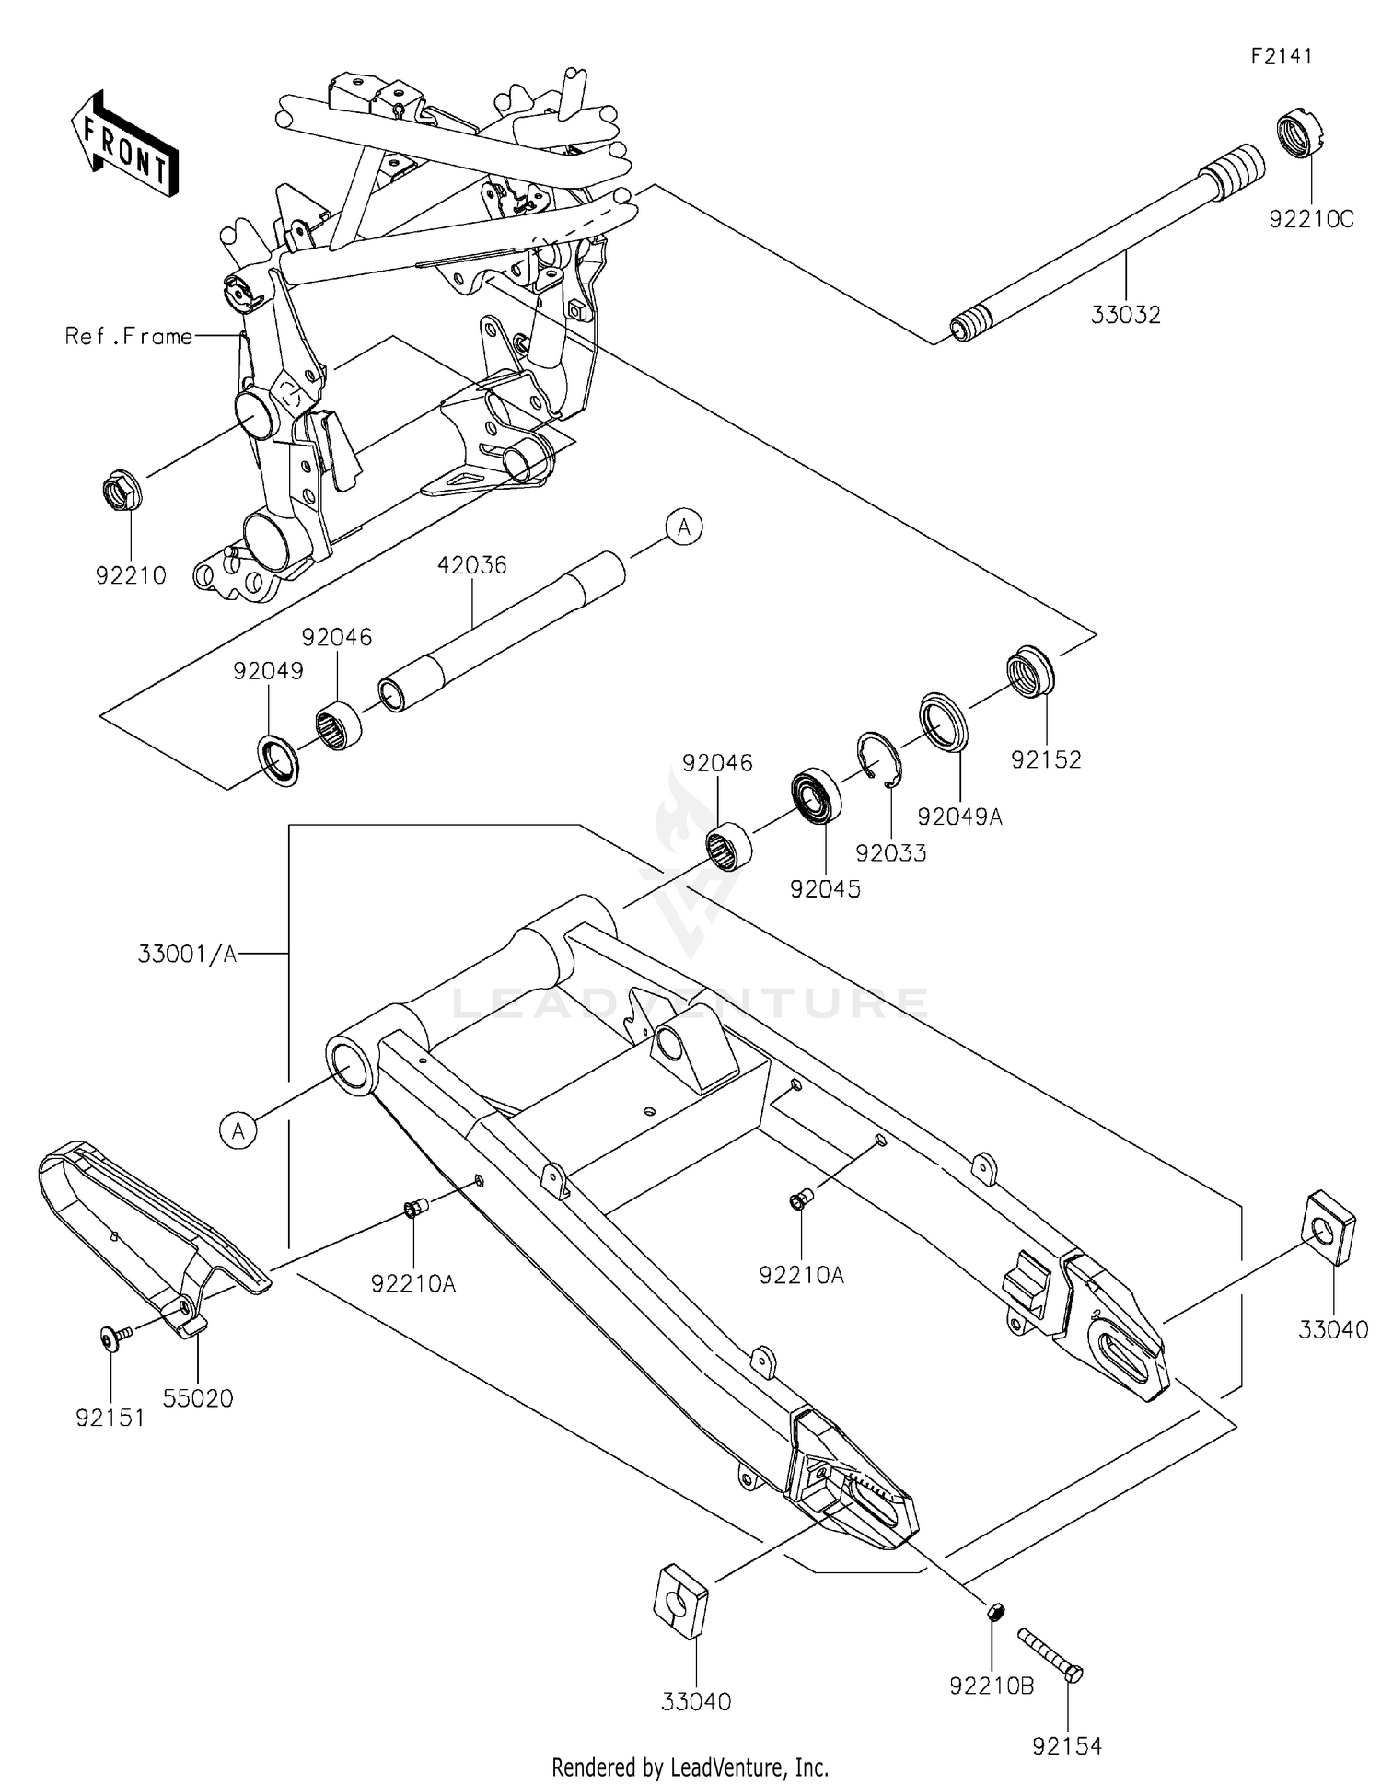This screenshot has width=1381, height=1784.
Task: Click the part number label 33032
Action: coord(1125,315)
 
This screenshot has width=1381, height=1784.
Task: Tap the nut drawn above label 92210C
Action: coord(1300,134)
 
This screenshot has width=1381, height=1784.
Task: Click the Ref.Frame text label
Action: coord(129,337)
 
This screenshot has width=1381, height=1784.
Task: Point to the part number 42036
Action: coord(472,564)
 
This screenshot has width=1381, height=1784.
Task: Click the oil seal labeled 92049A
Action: coord(943,719)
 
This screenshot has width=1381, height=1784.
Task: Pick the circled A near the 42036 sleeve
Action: coord(684,527)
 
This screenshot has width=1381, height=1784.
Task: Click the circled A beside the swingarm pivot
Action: coord(238,1129)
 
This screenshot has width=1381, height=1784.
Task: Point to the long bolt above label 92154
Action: coord(1050,1654)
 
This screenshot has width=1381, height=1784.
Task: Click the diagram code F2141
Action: coord(1281,55)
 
